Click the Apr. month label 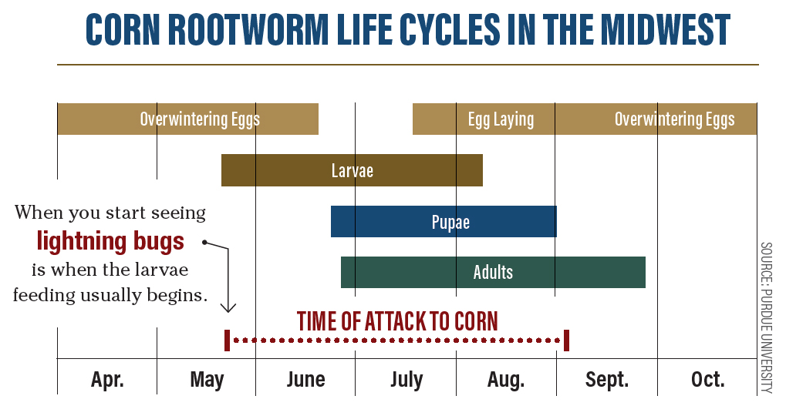click(107, 379)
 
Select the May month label click(207, 379)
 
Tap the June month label click(305, 379)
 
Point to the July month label click(406, 379)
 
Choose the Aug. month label click(506, 379)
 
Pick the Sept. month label click(607, 379)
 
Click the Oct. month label click(707, 379)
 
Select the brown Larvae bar click(352, 170)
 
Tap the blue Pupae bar click(444, 222)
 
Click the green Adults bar click(493, 272)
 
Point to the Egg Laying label click(501, 119)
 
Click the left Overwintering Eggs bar click(187, 119)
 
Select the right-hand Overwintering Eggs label click(674, 119)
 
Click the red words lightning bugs click(110, 241)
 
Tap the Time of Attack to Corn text click(397, 320)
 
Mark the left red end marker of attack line click(227, 340)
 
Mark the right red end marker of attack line click(566, 340)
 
